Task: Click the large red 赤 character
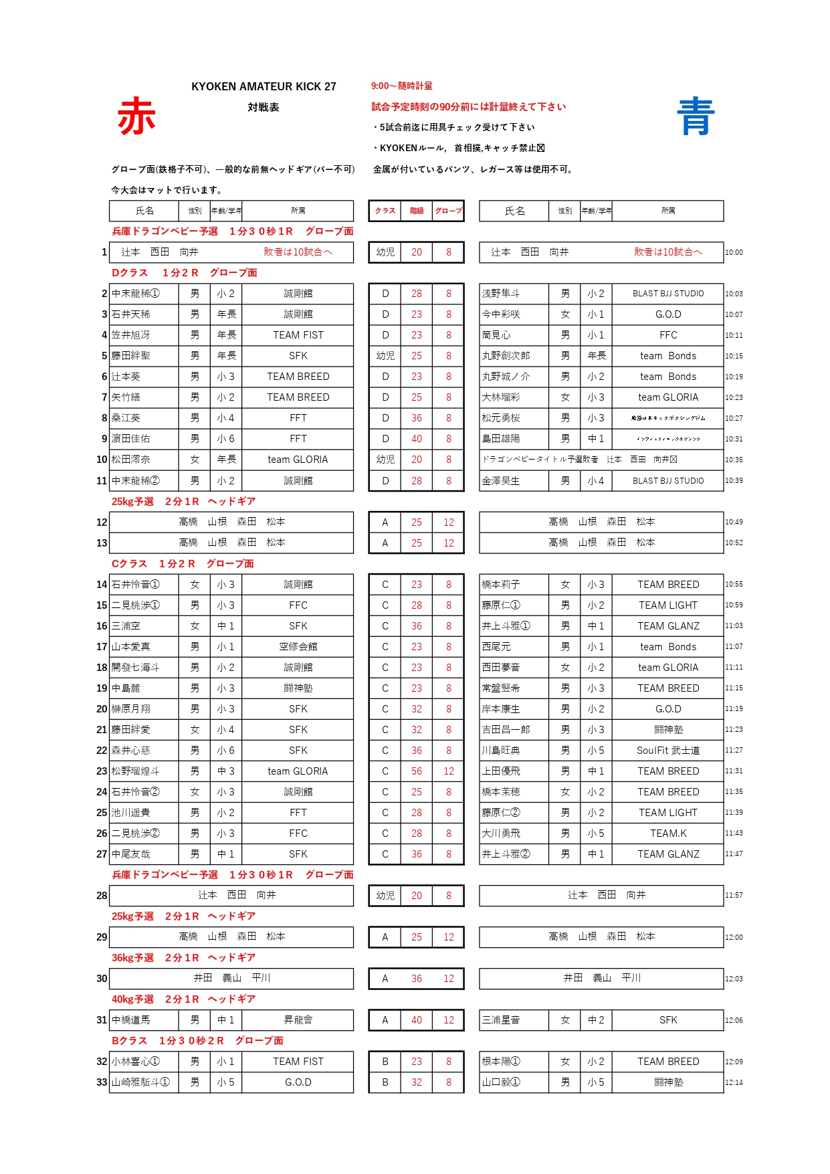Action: pos(136,116)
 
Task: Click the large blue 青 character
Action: pos(696,116)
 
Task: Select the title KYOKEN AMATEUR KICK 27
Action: pos(264,86)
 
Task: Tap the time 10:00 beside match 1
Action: pos(734,252)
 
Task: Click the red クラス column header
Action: pos(385,211)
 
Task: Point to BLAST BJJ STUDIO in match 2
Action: pos(667,294)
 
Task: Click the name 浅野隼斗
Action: pos(501,294)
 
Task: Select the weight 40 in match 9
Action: pos(417,439)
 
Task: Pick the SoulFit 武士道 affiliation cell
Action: pos(667,751)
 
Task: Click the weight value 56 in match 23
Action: pos(417,771)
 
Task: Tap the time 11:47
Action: pos(734,854)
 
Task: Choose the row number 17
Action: pos(102,647)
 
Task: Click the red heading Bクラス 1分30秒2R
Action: pos(197,1041)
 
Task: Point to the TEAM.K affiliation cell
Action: pos(667,834)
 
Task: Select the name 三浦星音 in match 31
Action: pos(501,1020)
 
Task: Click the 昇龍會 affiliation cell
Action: pos(298,1020)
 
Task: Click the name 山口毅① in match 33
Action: pos(501,1082)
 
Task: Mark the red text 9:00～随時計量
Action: pos(402,86)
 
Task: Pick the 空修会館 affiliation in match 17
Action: pos(298,647)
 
